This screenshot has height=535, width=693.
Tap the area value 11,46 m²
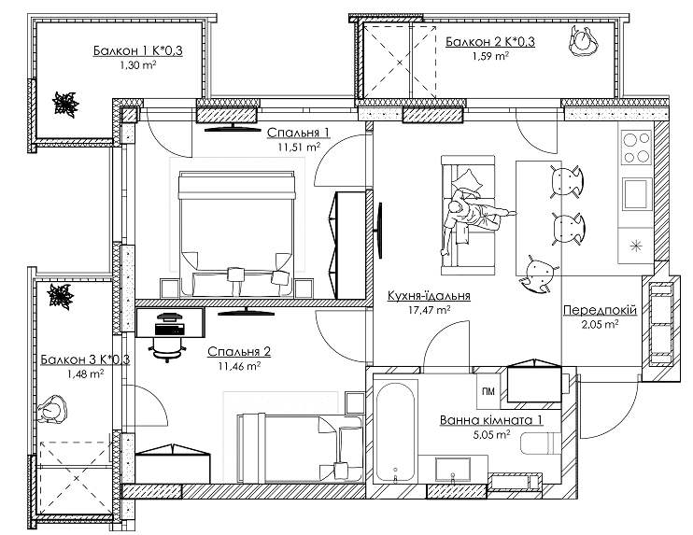(x=240, y=367)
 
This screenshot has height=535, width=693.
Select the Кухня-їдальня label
(x=428, y=296)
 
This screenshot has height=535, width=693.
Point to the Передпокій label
(x=601, y=309)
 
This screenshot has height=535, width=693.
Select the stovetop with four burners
(x=636, y=147)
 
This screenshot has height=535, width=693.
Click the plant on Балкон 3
(x=61, y=296)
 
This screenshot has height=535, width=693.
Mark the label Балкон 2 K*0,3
(x=489, y=40)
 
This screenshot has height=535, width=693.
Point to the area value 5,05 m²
(x=490, y=435)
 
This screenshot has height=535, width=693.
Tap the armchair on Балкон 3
(x=56, y=410)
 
